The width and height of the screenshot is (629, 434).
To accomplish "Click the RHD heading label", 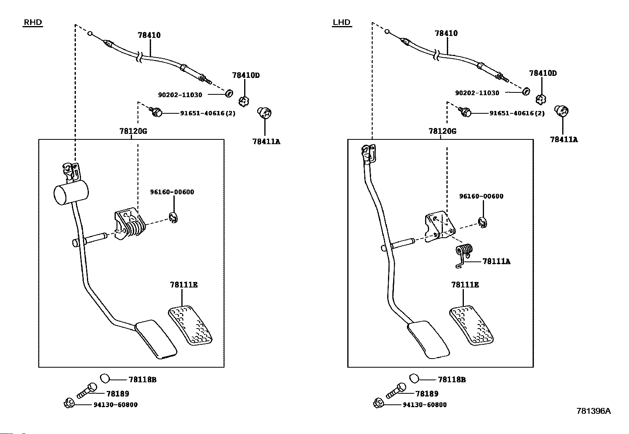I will [x=33, y=23].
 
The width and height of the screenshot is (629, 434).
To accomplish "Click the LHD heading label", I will [x=342, y=23].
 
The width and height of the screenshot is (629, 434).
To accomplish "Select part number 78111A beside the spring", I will [x=496, y=261].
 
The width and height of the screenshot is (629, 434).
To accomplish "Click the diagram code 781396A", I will [x=593, y=411].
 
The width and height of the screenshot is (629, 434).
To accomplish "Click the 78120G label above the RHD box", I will [x=133, y=131].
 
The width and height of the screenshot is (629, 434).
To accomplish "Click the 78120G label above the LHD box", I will [x=443, y=131].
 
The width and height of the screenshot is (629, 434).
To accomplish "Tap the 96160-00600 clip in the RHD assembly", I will [x=173, y=218].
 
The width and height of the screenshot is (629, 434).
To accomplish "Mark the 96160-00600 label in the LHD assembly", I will [x=481, y=196].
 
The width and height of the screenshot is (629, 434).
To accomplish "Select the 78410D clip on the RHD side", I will [x=244, y=101].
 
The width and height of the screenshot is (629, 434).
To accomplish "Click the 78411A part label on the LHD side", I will [x=564, y=139].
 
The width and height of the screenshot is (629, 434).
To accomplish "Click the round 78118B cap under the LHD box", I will [x=414, y=378].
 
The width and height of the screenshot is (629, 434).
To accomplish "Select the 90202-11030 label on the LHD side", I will [x=477, y=93].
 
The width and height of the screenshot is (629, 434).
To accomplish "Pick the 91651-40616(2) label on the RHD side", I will [x=208, y=113].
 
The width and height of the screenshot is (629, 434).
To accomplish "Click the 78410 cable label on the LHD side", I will [x=446, y=34].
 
